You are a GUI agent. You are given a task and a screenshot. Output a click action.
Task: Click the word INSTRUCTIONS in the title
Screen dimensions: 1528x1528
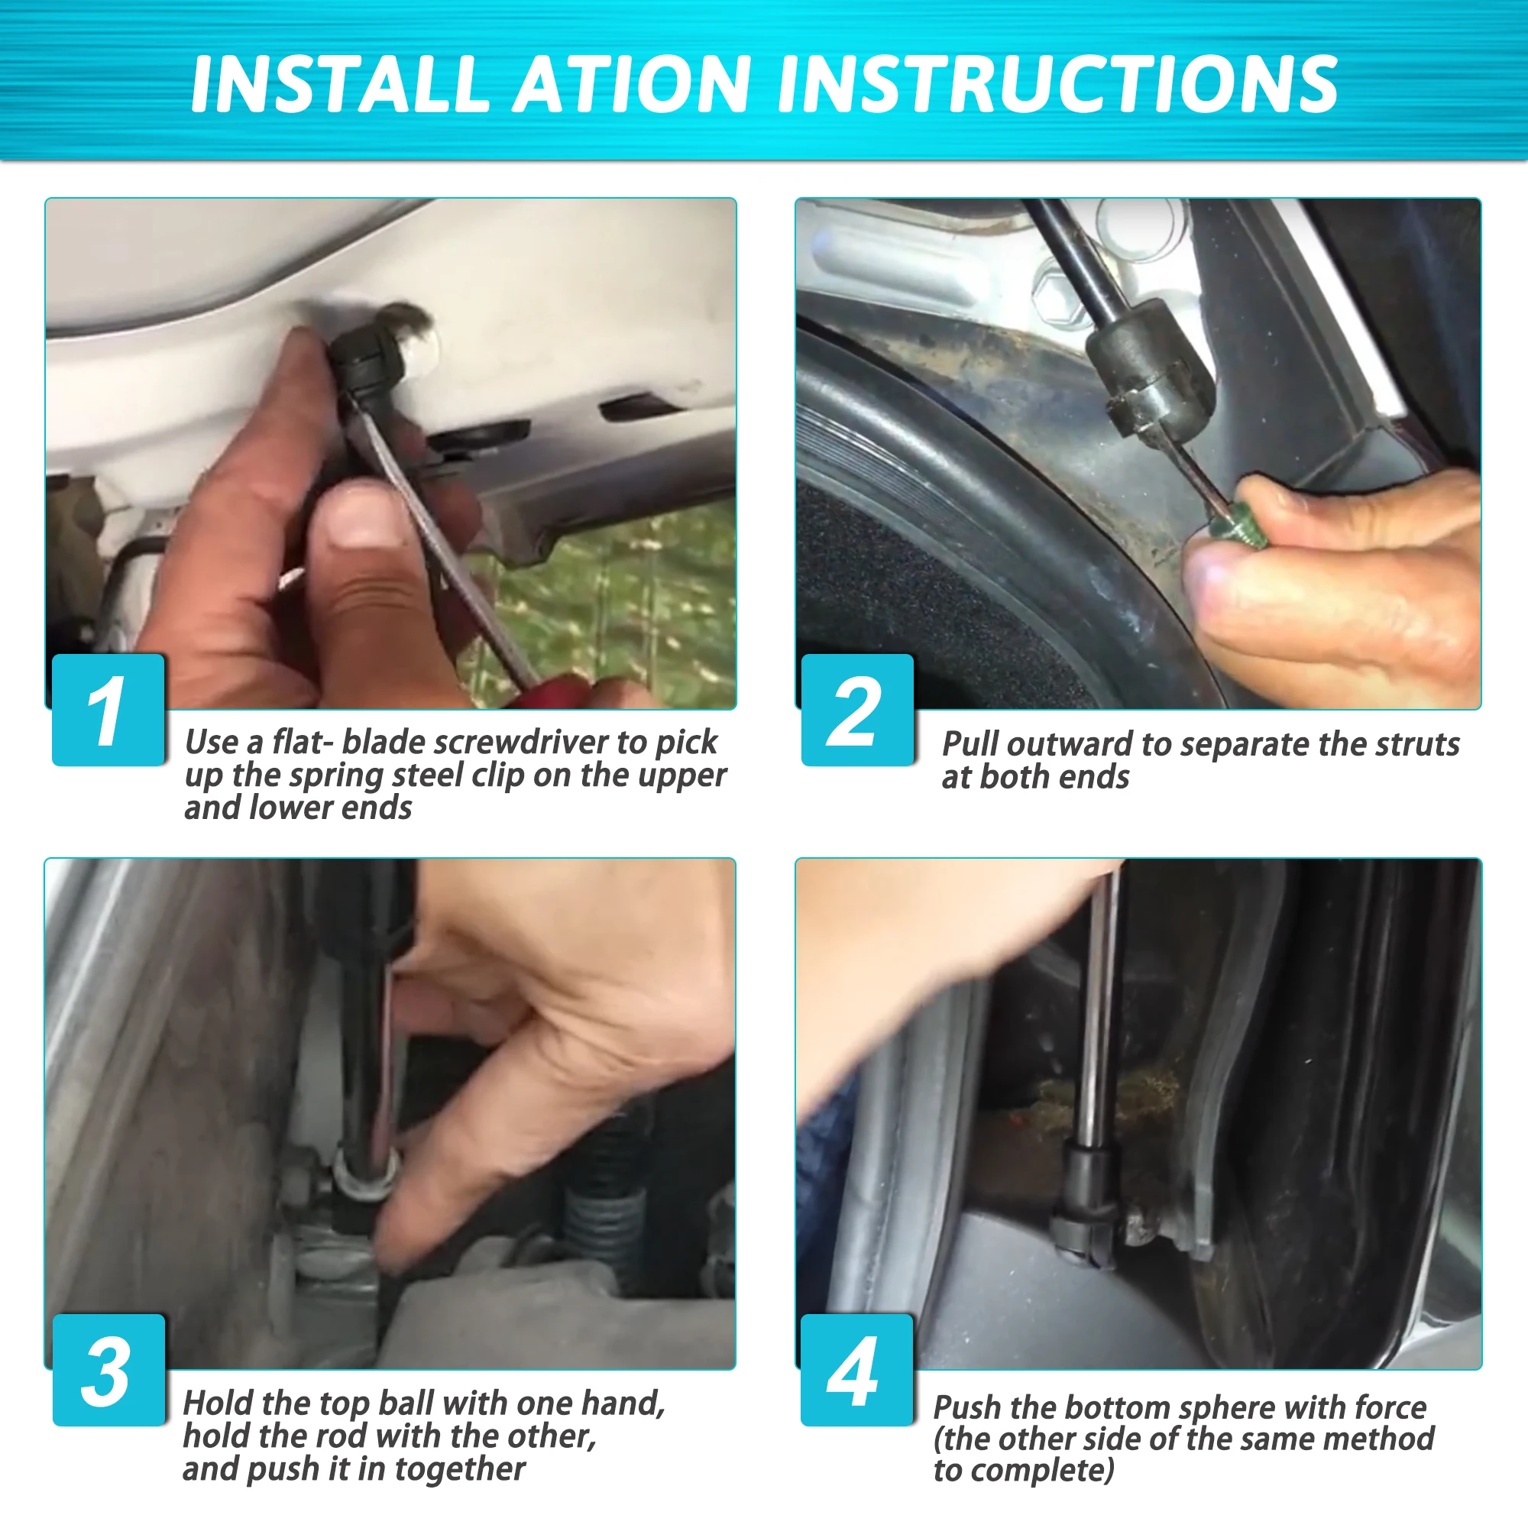click(1057, 85)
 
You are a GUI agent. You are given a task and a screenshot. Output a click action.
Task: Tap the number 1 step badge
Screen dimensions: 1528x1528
click(108, 710)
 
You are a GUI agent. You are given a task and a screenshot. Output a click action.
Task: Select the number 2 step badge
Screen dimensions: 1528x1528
click(857, 710)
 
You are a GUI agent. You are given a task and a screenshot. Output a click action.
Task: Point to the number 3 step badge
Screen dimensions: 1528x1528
click(108, 1371)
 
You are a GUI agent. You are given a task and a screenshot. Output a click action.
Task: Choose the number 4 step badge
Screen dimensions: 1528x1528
click(857, 1371)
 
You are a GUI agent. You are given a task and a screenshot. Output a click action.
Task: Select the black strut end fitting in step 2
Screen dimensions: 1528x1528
click(1151, 372)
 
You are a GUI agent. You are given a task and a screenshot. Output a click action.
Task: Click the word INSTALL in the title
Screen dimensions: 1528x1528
click(340, 85)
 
